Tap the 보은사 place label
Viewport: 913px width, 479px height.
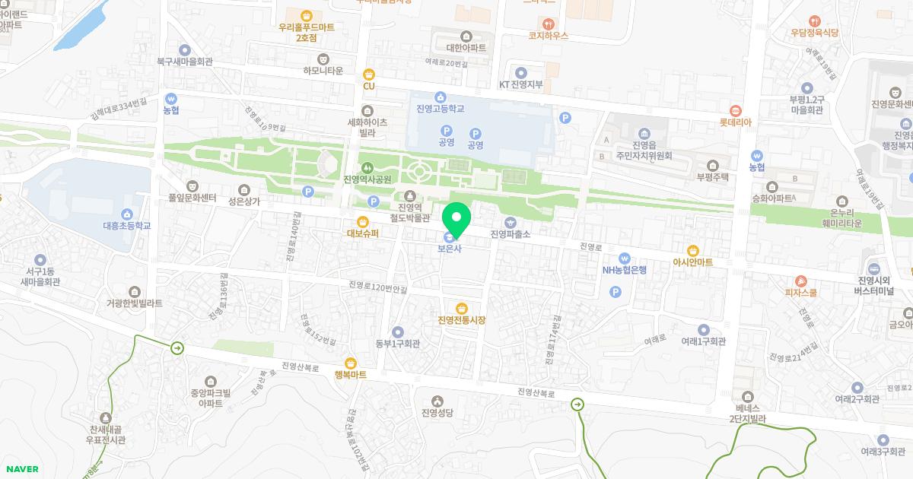[449, 248]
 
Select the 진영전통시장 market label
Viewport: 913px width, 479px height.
[461, 319]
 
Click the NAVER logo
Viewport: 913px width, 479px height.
[21, 469]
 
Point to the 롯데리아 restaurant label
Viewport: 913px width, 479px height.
[735, 122]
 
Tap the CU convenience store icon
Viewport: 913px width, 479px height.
[369, 75]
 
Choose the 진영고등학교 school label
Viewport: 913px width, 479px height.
[440, 109]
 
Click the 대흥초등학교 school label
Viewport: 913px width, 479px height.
[126, 225]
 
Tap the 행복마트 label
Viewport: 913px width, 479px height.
[350, 375]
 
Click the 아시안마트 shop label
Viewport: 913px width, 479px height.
[692, 262]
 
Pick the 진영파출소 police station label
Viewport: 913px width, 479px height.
[510, 233]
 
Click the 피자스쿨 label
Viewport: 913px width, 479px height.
[801, 292]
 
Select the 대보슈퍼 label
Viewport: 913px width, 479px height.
[362, 233]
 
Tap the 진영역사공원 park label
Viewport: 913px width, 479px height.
[367, 179]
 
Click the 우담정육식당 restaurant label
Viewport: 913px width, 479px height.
[814, 33]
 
